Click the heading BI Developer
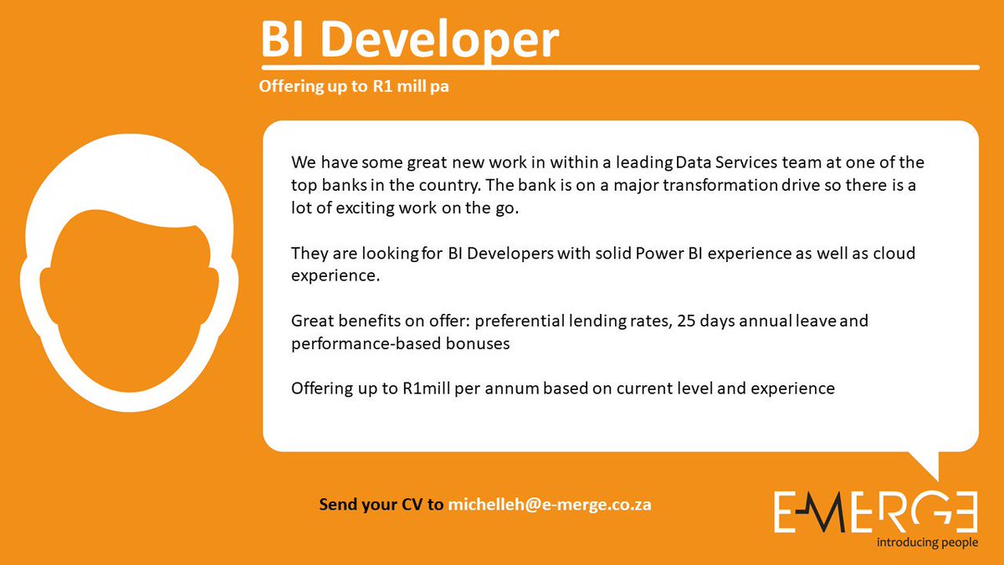pos(408,39)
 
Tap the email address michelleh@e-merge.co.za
pos(550,505)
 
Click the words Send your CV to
pos(382,505)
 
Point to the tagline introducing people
pos(926,542)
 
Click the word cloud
pos(896,253)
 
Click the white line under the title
pos(619,67)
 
